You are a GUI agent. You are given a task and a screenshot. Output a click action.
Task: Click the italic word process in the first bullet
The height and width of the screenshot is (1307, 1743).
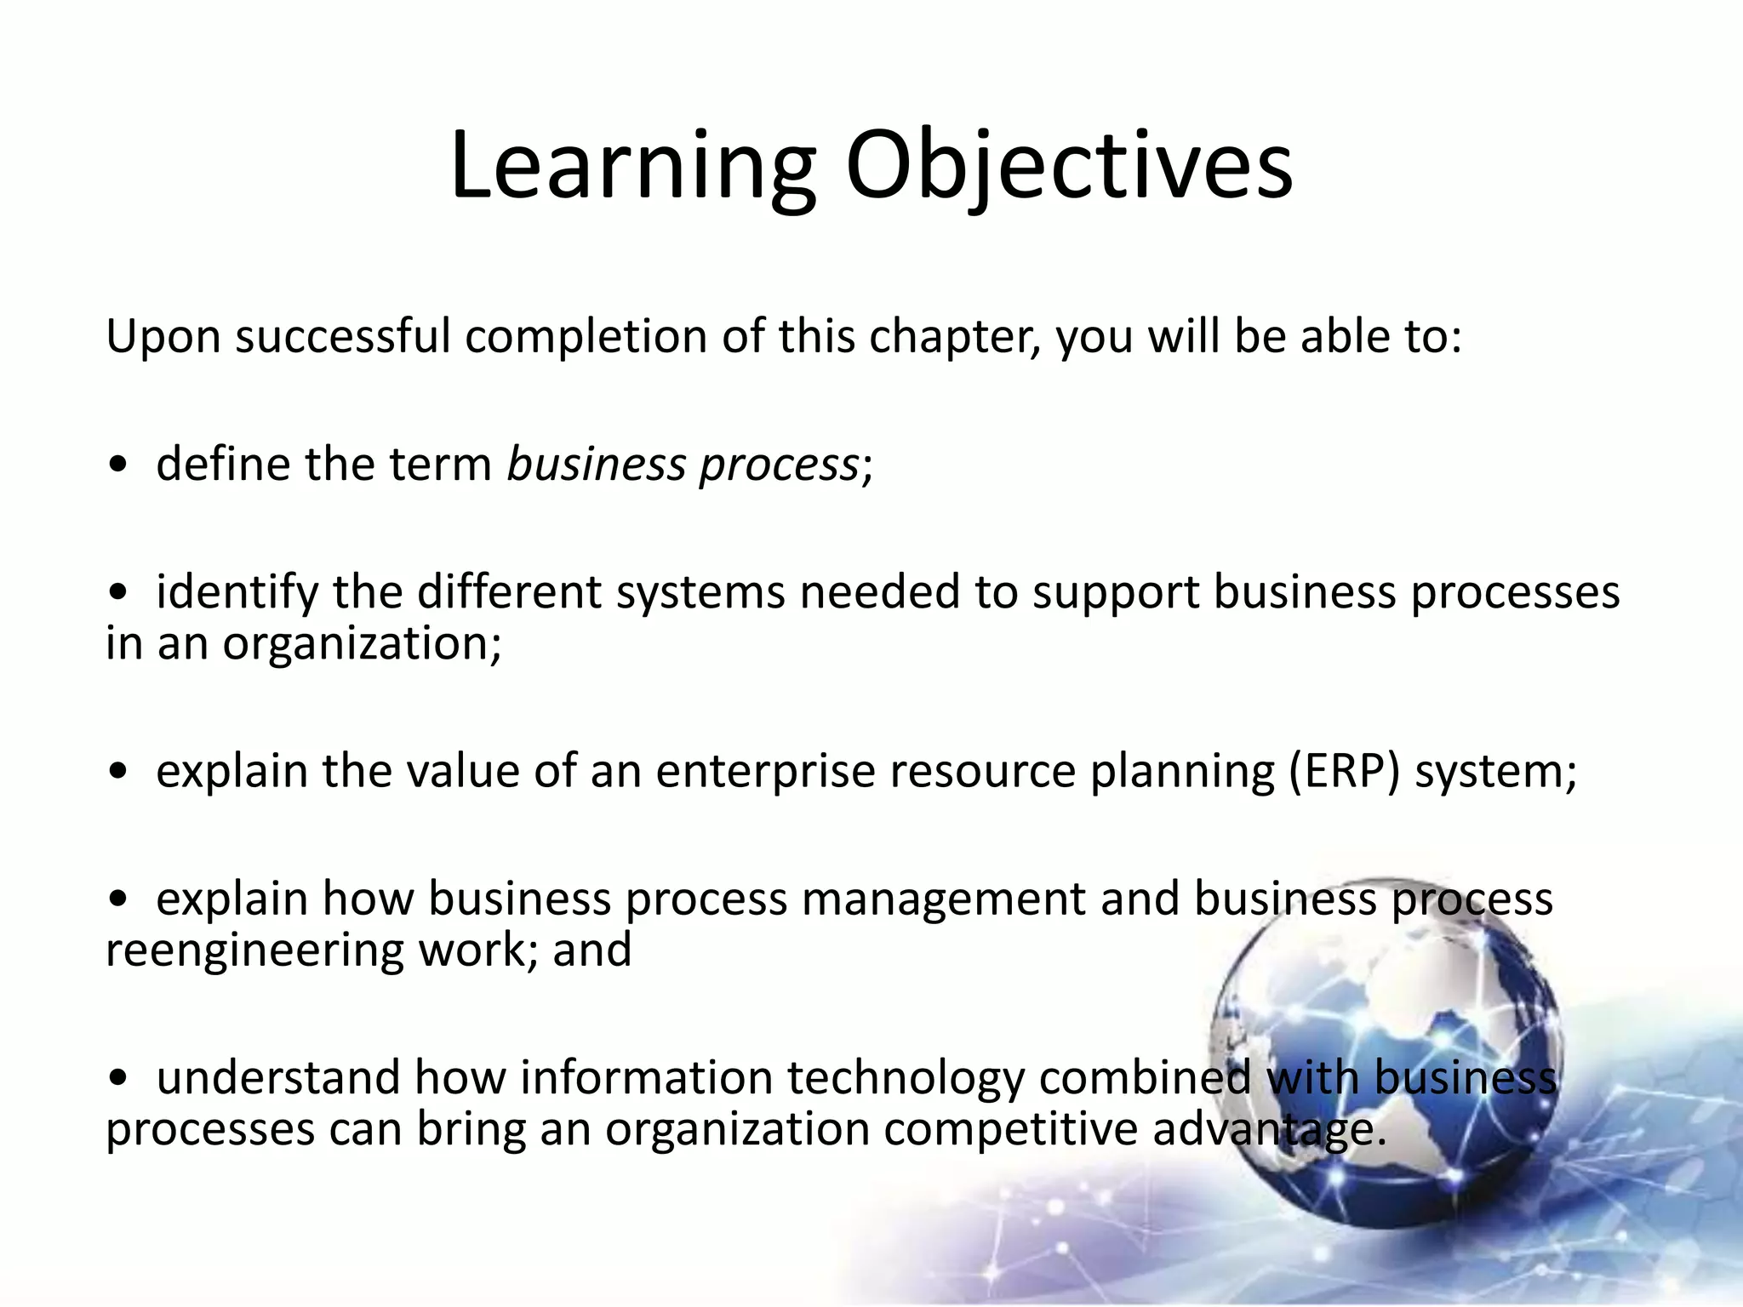point(778,466)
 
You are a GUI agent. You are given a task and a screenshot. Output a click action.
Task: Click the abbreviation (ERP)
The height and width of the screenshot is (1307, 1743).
point(1342,772)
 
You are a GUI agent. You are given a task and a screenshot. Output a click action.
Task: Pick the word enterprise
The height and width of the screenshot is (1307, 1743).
point(765,773)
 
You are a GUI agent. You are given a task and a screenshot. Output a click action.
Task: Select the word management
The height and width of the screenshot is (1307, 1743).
point(943,900)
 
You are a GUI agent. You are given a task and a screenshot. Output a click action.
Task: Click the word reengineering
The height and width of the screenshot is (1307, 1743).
point(254,951)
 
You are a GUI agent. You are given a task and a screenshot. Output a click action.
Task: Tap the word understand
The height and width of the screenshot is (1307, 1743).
point(277,1077)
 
